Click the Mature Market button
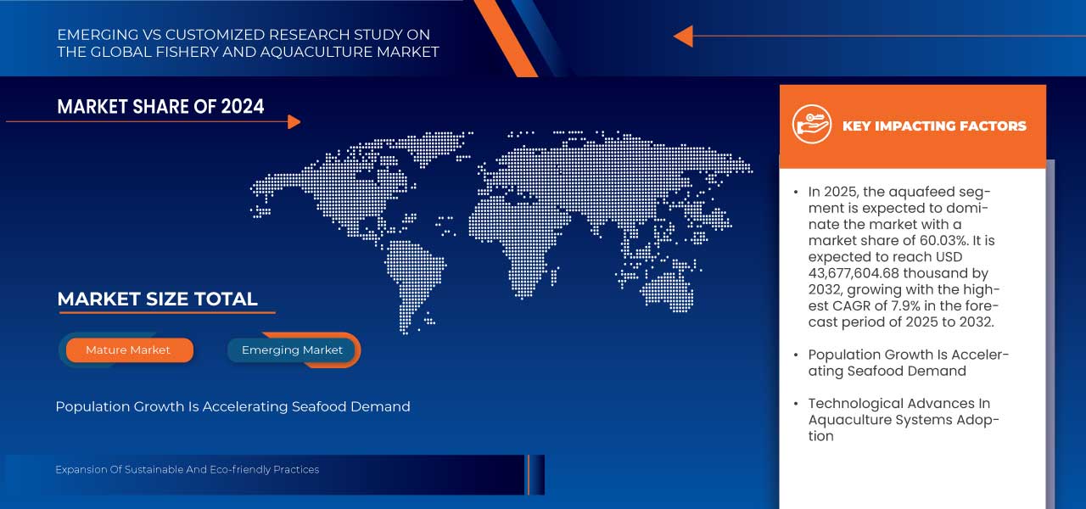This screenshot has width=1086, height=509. click(x=128, y=350)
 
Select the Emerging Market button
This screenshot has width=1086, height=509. click(x=292, y=350)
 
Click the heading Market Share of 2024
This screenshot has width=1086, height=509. click(x=160, y=106)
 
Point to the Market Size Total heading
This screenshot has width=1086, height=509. click(x=157, y=299)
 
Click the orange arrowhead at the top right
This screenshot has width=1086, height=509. click(x=683, y=36)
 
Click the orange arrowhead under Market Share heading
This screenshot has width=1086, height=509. click(x=294, y=122)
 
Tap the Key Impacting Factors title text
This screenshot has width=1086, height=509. click(x=934, y=126)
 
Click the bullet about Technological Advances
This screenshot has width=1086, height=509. click(x=903, y=419)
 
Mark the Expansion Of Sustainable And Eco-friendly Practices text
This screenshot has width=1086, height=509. click(x=187, y=469)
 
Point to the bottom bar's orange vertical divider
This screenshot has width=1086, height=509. click(x=528, y=474)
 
